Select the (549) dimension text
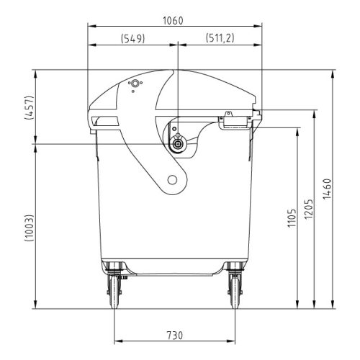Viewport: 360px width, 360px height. point(132,38)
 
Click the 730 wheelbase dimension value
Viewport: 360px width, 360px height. point(174,336)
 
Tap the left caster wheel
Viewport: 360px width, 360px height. point(114,293)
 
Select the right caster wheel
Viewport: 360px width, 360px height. point(234,293)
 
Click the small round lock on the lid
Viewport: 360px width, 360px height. point(132,84)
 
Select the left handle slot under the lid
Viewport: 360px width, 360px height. point(102,120)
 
